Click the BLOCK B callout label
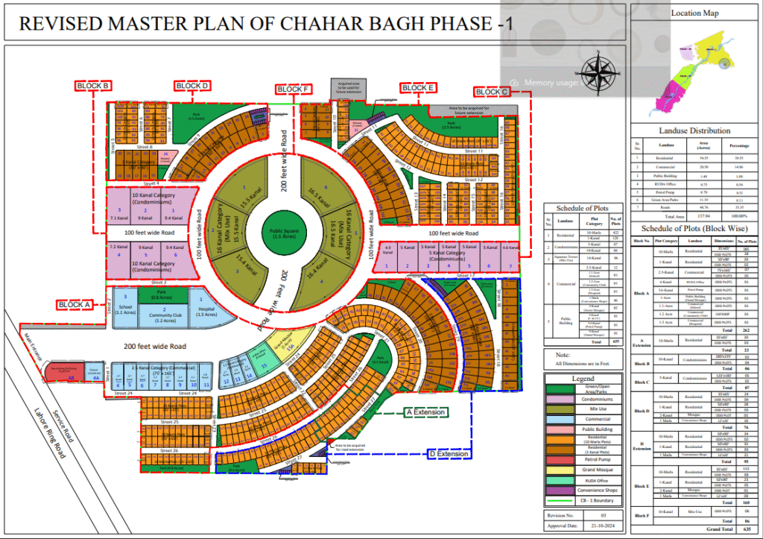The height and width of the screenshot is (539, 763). point(94,86)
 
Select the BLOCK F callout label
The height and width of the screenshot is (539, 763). point(293,89)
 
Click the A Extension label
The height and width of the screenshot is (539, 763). point(425,412)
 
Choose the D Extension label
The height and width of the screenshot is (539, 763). point(449,454)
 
